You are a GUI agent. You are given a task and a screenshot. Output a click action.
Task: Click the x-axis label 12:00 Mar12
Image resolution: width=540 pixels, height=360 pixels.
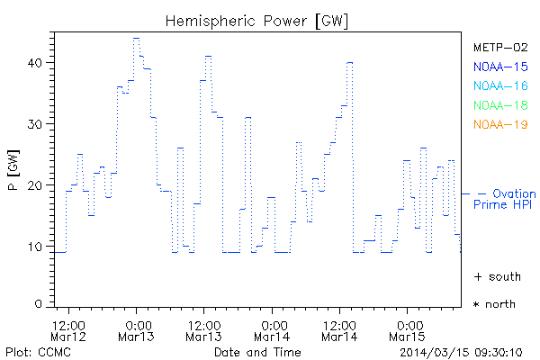(x=68, y=330)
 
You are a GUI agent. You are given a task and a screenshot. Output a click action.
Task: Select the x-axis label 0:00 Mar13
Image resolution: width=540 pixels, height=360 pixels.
(x=137, y=330)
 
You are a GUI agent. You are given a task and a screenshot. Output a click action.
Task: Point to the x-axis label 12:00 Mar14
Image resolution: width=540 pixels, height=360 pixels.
(x=339, y=330)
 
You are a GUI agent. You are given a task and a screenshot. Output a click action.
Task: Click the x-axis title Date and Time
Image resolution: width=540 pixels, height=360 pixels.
(x=258, y=351)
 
